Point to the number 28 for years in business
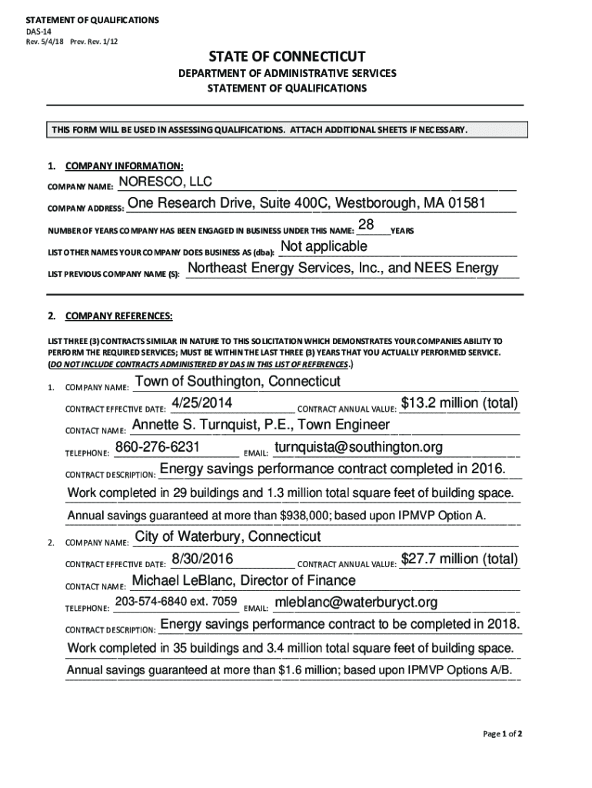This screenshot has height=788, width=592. (x=366, y=225)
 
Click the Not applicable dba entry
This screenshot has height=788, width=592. (x=324, y=246)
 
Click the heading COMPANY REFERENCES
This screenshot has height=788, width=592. (x=118, y=316)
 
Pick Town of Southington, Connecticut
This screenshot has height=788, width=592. (x=238, y=382)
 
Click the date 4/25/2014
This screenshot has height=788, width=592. (x=202, y=403)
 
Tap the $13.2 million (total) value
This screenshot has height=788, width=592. (x=460, y=403)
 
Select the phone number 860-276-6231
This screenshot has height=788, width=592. (x=158, y=447)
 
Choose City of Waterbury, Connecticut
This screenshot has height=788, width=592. (x=228, y=536)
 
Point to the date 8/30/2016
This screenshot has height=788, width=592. (x=203, y=558)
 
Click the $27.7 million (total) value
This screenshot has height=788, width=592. (x=460, y=558)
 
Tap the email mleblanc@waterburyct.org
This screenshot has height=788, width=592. (x=356, y=602)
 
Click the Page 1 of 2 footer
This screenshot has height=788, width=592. (x=503, y=733)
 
